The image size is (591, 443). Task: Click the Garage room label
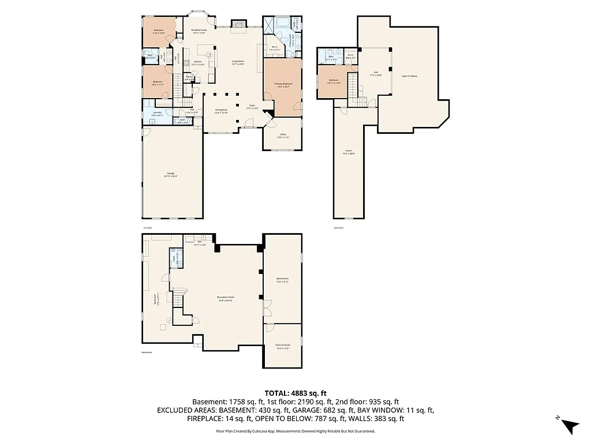(x=171, y=174)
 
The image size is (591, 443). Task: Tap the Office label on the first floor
(x=282, y=136)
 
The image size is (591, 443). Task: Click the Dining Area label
(x=222, y=111)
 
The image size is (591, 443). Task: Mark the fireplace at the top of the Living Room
(x=238, y=24)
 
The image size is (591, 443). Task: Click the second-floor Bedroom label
(x=334, y=81)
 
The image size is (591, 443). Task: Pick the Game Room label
(x=282, y=280)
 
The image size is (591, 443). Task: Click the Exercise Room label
(x=282, y=347)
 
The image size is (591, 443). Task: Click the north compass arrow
(x=570, y=425)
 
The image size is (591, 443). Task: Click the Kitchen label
(x=198, y=63)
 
